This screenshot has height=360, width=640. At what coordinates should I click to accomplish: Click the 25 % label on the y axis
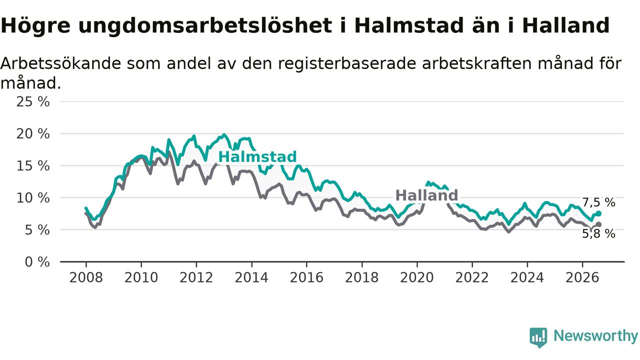coord(33,101)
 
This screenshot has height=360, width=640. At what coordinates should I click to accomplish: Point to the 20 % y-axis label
coord(33,133)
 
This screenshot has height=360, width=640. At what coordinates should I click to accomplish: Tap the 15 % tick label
coord(33,165)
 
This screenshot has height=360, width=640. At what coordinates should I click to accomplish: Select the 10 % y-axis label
coord(33,197)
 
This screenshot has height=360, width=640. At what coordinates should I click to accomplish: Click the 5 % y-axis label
coord(37,229)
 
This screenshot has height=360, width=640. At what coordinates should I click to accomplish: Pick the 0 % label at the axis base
coord(37,261)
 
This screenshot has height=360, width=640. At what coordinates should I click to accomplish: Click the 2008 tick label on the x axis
coord(86,277)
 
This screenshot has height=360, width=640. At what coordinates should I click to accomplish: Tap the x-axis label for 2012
coord(196,277)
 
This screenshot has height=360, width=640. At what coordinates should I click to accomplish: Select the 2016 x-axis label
coord(306,277)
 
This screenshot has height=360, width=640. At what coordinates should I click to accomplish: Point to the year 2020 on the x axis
coord(417,277)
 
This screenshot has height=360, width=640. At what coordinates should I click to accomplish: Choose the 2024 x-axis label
coord(527,277)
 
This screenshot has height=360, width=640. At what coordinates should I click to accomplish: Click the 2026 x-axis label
coord(582,277)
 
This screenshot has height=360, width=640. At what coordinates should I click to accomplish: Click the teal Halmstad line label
coord(257,157)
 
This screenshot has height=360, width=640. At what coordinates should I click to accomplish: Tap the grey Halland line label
coord(426,195)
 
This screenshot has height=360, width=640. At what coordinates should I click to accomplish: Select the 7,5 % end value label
coord(598,202)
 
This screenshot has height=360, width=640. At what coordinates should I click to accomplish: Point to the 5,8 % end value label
coord(598,233)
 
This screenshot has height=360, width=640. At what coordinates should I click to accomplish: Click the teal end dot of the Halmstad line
coord(598,213)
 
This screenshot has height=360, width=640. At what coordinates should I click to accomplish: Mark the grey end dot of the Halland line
coord(598,224)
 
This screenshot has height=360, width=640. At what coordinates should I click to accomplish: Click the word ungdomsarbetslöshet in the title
coord(205,25)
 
